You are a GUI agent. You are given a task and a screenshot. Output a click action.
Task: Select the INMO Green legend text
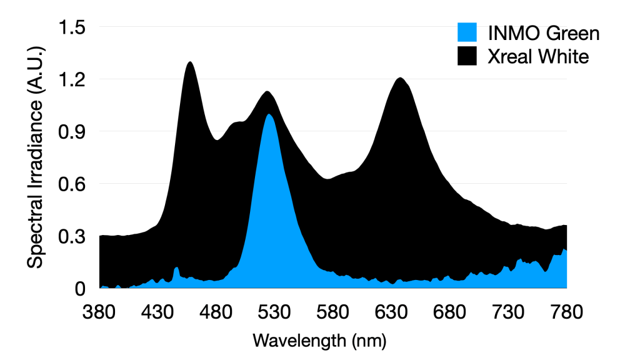(542, 33)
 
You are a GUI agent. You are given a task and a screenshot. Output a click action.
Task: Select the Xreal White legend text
(538, 57)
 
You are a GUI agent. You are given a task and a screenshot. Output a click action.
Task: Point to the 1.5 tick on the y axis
(72, 27)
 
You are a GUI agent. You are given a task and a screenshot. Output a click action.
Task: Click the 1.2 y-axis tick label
(72, 79)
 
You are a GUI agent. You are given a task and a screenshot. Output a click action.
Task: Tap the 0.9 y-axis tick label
(72, 132)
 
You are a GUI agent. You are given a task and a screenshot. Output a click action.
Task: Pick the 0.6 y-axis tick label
(72, 184)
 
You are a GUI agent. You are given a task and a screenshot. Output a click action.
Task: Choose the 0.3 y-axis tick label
(72, 237)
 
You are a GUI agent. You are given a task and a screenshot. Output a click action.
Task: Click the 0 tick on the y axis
(80, 289)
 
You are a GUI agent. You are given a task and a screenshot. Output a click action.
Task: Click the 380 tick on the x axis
(100, 311)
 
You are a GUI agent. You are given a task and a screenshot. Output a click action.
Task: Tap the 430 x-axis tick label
(158, 311)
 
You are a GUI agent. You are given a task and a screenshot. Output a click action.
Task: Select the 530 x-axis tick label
(275, 311)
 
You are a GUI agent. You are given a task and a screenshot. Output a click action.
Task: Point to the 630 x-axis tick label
(392, 311)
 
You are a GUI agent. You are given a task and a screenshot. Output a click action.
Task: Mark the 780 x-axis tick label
(566, 311)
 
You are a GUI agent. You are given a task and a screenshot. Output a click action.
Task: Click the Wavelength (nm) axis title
(319, 341)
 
